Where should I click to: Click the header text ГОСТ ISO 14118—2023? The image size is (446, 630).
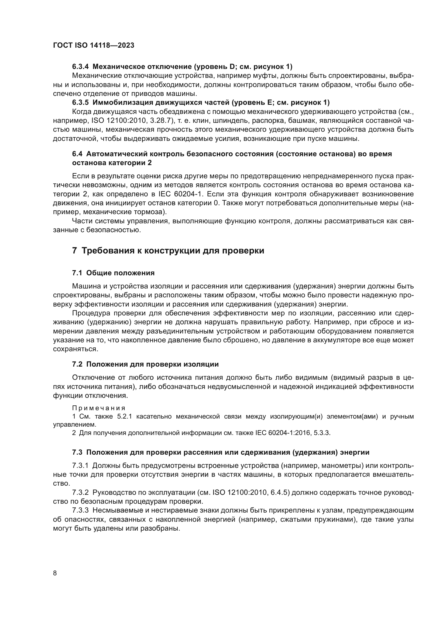tap(94, 46)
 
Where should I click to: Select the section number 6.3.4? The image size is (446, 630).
tap(81, 67)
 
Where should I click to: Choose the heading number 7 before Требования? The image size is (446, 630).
tap(74, 251)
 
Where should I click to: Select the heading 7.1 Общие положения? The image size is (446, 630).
tap(113, 273)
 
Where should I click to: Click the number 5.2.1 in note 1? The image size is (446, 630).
tap(124, 416)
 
